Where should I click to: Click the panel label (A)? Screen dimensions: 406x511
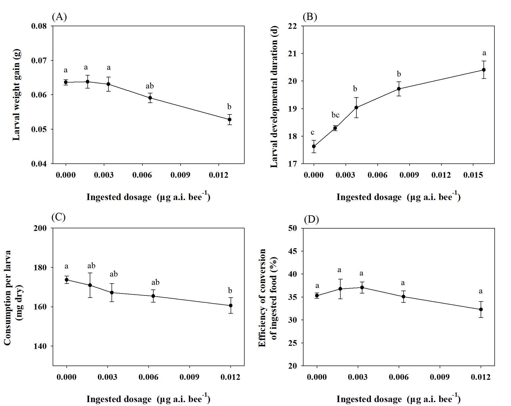(59, 17)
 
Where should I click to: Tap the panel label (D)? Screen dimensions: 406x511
(311, 219)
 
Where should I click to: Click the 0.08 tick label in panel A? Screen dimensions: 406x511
(39, 26)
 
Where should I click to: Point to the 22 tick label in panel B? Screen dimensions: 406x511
(292, 26)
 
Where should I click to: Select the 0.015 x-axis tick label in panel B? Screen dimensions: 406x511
(473, 175)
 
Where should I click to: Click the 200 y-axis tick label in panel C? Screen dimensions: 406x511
(40, 228)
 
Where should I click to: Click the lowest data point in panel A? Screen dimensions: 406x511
(230, 120)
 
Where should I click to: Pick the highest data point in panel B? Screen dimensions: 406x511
(484, 70)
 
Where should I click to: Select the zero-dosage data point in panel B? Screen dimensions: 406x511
(314, 146)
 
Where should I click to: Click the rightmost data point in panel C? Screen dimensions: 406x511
(231, 306)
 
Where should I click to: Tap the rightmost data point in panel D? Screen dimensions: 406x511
(481, 309)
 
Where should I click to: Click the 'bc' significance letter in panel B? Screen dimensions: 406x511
(335, 115)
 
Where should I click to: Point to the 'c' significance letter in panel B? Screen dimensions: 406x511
(313, 133)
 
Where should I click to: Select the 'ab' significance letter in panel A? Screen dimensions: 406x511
(150, 86)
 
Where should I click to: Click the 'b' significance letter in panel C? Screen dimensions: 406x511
(230, 291)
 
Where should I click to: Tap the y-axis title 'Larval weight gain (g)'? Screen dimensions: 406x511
(16, 95)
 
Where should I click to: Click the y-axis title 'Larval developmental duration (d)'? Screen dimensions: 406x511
(274, 97)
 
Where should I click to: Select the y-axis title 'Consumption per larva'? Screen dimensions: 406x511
(7, 298)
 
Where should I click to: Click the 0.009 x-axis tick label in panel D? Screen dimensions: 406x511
(440, 377)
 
